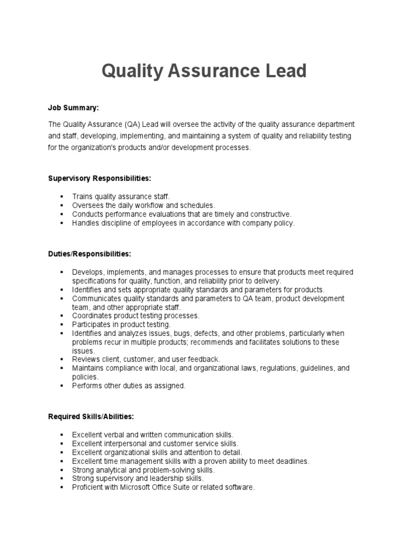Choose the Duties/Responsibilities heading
(89, 254)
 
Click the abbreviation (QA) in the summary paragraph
(133, 124)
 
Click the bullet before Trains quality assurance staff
(62, 197)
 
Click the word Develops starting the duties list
(87, 272)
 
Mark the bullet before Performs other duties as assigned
(62, 386)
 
